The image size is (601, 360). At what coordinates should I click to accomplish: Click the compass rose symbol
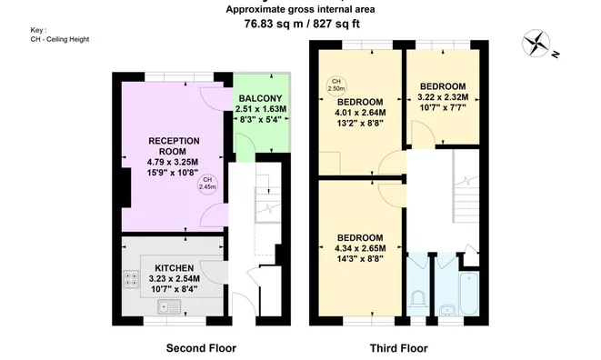(536, 43)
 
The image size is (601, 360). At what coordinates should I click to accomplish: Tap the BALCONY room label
(261, 98)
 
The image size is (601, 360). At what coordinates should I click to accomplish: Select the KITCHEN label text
(174, 268)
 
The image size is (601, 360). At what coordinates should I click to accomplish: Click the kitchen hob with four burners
(131, 279)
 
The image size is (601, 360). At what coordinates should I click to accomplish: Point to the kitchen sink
(169, 306)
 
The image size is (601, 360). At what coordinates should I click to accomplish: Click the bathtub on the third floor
(469, 294)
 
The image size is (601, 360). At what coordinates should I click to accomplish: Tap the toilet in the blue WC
(417, 299)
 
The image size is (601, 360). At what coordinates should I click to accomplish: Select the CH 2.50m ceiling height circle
(336, 85)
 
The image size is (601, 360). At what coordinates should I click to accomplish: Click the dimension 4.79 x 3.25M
(173, 162)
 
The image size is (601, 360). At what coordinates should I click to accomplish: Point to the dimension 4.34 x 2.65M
(360, 248)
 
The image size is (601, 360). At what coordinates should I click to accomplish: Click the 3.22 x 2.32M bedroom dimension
(443, 97)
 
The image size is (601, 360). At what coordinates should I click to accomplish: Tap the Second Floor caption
(201, 348)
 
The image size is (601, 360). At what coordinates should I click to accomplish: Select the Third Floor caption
(398, 348)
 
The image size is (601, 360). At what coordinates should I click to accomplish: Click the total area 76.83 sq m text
(273, 24)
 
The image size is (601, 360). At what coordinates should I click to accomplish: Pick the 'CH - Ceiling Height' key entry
(60, 39)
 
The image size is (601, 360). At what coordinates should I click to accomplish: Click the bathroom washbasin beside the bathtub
(446, 310)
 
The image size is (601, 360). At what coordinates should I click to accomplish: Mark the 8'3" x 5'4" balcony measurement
(261, 119)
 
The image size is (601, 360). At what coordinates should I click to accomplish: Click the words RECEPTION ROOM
(174, 146)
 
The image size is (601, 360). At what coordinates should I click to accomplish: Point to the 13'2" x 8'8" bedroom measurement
(360, 123)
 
